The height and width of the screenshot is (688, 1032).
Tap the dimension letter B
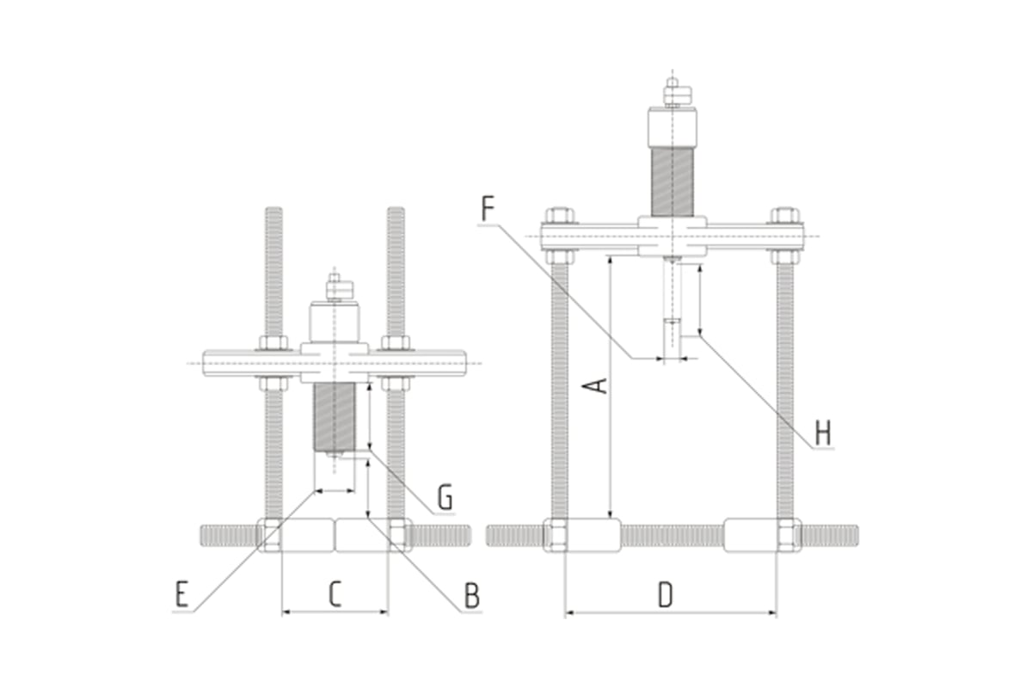click(x=471, y=595)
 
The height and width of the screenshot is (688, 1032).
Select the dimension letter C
click(x=335, y=593)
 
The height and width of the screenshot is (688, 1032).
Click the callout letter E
click(x=181, y=595)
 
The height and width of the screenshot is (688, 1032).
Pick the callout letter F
click(x=488, y=209)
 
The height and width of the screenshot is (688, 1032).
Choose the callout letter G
click(x=445, y=496)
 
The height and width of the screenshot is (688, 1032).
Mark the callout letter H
click(x=823, y=432)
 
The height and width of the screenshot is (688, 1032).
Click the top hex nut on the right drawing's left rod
click(x=560, y=215)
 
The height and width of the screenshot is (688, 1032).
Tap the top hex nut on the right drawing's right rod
click(x=784, y=215)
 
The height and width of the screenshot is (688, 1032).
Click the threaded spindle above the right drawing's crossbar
click(x=672, y=181)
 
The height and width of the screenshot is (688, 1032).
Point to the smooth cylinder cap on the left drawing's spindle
click(x=334, y=322)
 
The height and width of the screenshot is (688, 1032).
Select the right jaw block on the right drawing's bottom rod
click(x=752, y=535)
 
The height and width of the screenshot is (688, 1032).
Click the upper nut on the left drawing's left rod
click(x=273, y=343)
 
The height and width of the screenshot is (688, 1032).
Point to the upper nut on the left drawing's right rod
click(x=396, y=343)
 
